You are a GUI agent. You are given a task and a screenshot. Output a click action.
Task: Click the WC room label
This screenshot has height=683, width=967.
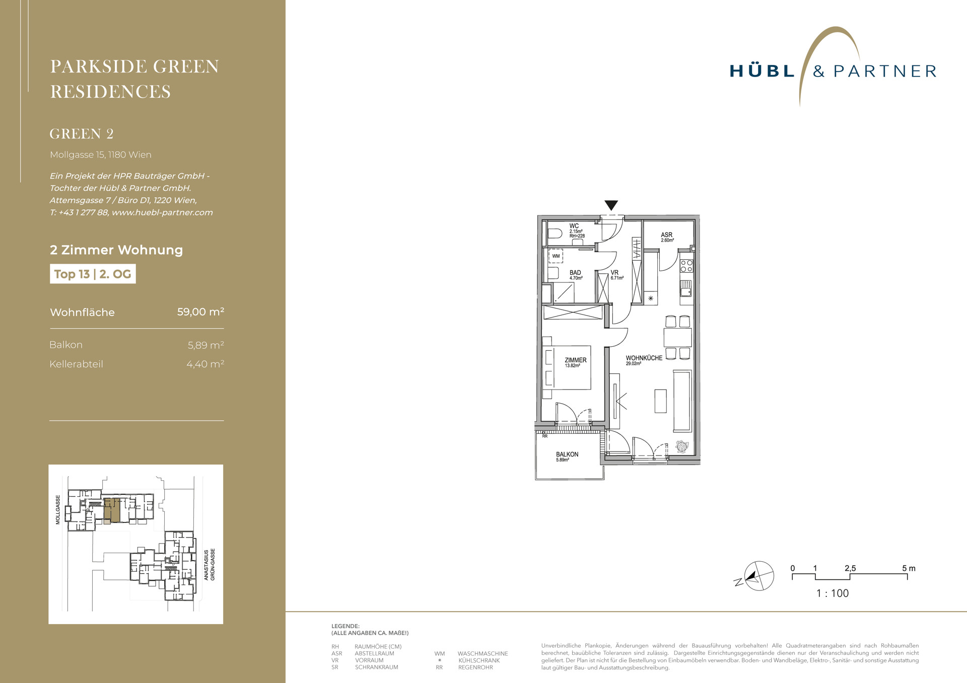[574, 226]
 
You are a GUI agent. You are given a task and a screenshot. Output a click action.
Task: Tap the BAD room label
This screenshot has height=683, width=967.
[575, 272]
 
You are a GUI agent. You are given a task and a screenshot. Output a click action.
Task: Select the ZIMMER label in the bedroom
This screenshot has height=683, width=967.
[576, 360]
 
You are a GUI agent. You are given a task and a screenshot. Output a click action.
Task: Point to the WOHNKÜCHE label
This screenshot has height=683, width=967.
[644, 358]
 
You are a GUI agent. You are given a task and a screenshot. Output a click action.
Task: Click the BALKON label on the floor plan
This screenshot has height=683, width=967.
[567, 454]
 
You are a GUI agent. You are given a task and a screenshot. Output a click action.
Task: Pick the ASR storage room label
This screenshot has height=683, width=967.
[667, 235]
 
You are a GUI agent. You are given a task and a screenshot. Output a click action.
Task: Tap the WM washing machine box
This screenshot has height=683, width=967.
[556, 256]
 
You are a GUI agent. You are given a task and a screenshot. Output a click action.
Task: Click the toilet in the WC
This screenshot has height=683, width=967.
[555, 234]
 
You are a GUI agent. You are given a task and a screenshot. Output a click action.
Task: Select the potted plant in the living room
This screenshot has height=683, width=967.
[682, 446]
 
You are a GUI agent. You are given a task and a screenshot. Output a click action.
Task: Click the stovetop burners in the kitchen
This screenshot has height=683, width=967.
[686, 266]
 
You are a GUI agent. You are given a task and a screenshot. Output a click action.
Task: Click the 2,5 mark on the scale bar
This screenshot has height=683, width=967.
[850, 568]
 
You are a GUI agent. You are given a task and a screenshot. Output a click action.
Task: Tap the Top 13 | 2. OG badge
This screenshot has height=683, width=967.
[93, 274]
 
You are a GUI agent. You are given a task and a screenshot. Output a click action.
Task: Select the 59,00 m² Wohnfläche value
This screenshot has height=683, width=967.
[200, 312]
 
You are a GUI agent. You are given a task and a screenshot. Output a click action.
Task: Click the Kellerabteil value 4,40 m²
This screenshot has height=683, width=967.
[205, 364]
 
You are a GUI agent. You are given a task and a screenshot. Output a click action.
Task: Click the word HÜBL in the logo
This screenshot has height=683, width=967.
[762, 70]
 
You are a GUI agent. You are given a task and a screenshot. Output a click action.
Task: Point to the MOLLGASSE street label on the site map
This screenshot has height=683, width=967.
[58, 510]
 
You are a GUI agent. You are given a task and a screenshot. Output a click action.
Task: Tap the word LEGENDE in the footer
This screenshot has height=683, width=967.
[345, 626]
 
